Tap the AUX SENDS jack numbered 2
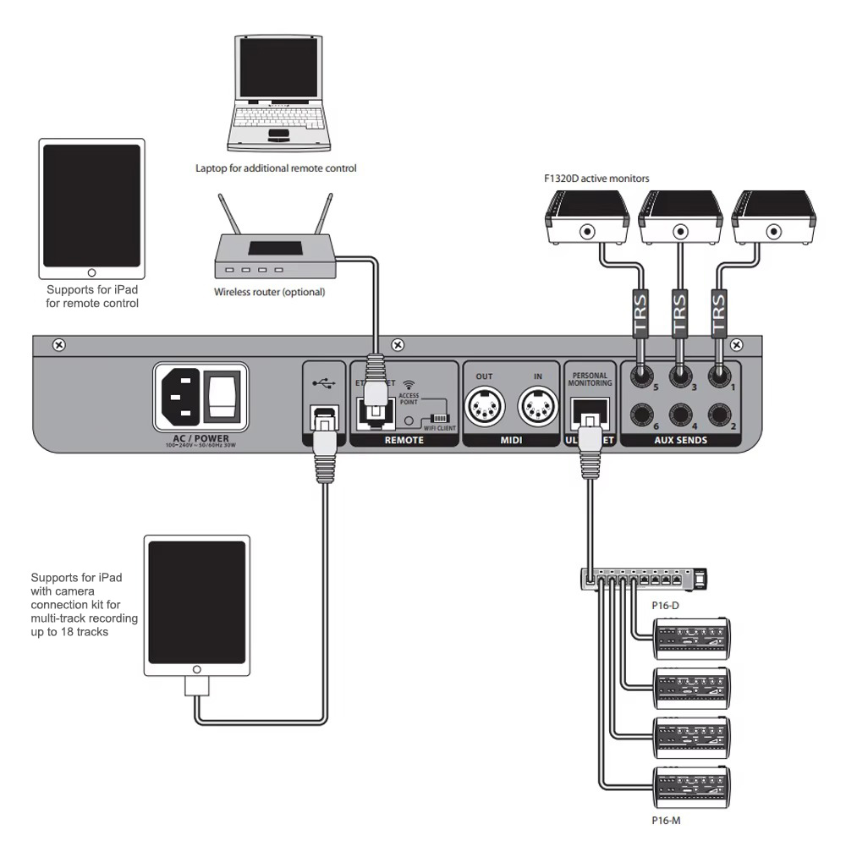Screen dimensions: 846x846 pyautogui.click(x=720, y=415)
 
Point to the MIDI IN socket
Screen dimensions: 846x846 pyautogui.click(x=537, y=408)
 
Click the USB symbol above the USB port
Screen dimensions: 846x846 pyautogui.click(x=322, y=382)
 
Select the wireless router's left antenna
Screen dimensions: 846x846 pyautogui.click(x=230, y=217)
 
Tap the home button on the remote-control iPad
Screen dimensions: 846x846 pyautogui.click(x=91, y=272)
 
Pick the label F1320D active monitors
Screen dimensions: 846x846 pyautogui.click(x=596, y=179)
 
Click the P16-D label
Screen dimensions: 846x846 pyautogui.click(x=665, y=606)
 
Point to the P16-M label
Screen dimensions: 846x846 pyautogui.click(x=666, y=819)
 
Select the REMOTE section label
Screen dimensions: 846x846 pyautogui.click(x=404, y=441)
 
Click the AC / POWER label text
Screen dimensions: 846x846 pyautogui.click(x=200, y=438)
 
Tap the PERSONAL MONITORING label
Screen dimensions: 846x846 pyautogui.click(x=591, y=379)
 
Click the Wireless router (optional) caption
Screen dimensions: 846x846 pyautogui.click(x=269, y=292)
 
